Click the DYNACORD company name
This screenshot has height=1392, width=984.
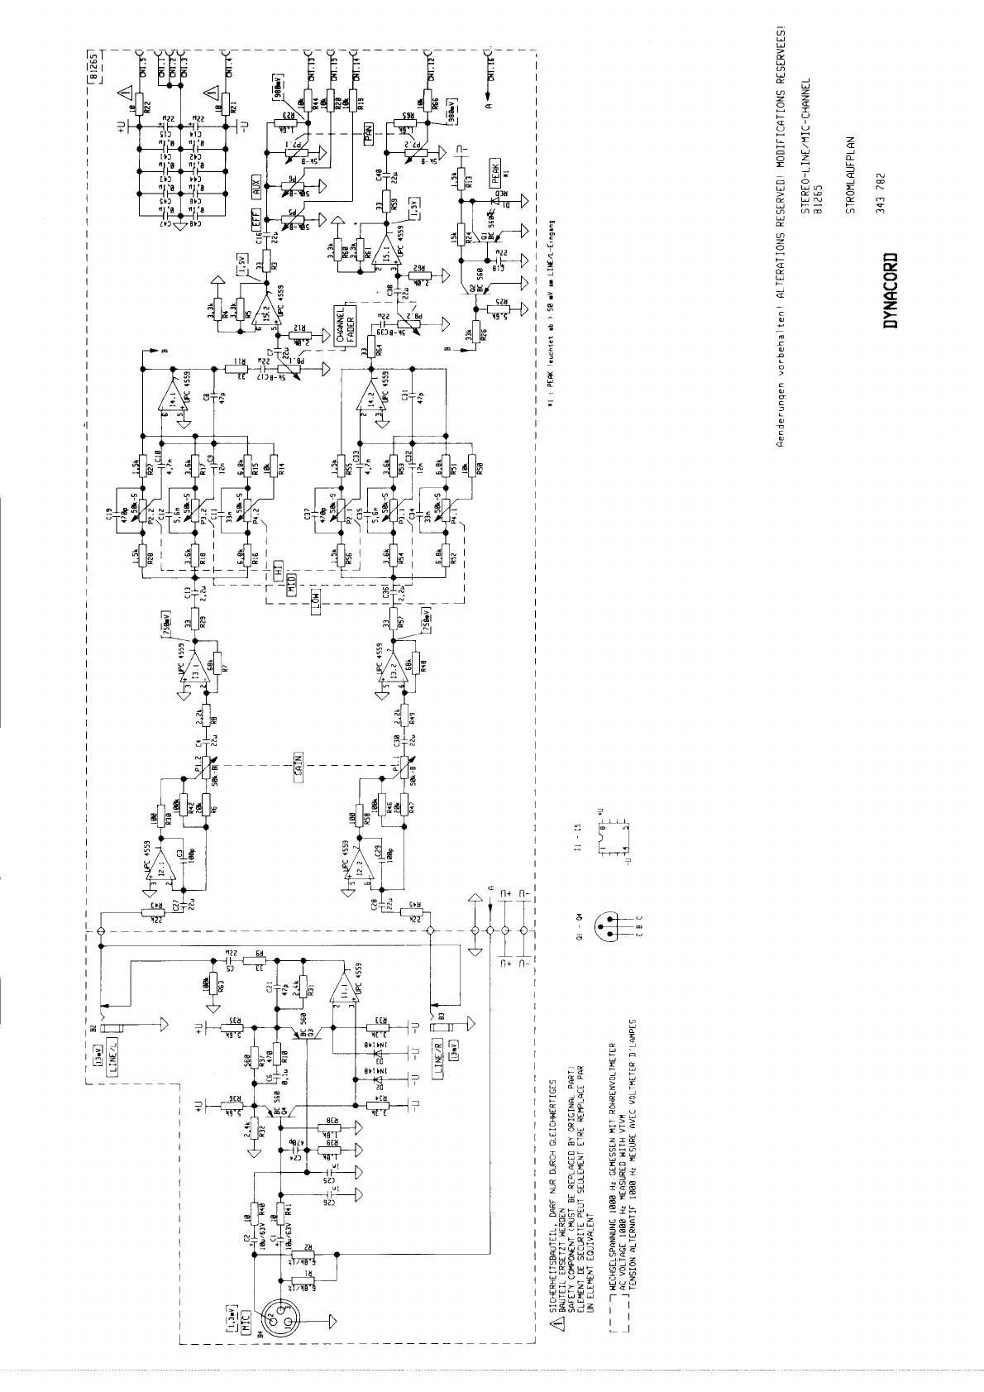click(x=890, y=290)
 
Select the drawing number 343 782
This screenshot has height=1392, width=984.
click(x=881, y=193)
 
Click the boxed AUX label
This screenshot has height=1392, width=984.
click(x=257, y=185)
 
